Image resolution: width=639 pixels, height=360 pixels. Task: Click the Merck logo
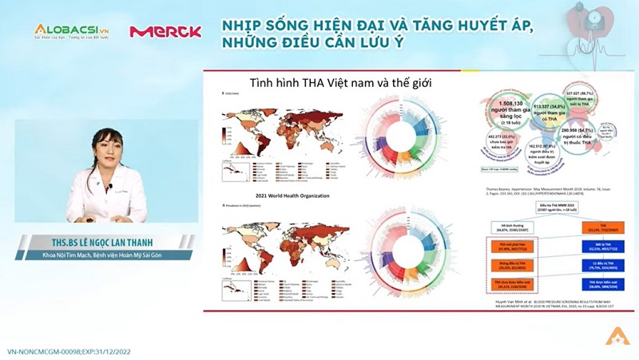click(165, 31)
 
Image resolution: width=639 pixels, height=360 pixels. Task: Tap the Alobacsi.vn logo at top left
click(71, 30)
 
